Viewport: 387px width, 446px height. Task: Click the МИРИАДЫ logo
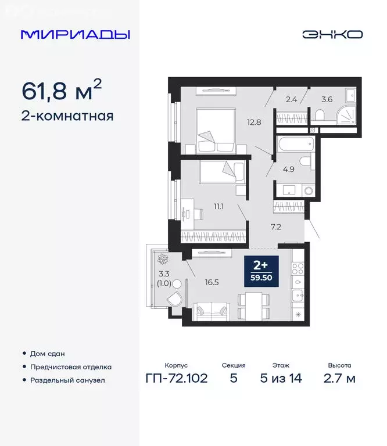tap(76, 34)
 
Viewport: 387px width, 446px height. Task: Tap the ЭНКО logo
tap(332, 34)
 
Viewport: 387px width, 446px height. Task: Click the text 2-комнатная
tap(67, 116)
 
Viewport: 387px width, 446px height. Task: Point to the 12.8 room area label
tap(253, 121)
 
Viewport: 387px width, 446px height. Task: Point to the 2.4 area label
tap(292, 99)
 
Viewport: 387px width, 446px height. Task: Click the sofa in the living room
tap(212, 311)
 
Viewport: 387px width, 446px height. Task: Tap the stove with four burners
tap(298, 268)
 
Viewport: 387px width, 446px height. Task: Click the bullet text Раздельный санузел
tap(69, 380)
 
